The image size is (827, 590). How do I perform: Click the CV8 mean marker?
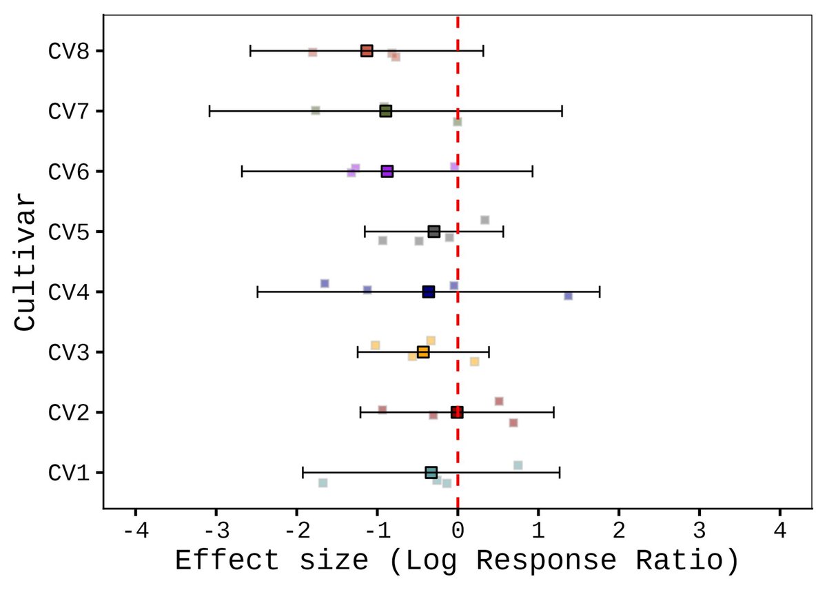coord(367,51)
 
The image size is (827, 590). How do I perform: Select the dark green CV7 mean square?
coord(385,111)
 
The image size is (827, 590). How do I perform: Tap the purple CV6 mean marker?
coord(387,172)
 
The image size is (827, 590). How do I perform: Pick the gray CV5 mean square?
coord(433,232)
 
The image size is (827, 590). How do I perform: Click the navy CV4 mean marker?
coord(428,292)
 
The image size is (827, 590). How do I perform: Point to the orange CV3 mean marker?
coord(423,352)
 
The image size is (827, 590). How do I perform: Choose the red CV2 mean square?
coord(457,412)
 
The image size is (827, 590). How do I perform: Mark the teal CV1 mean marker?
coord(431,472)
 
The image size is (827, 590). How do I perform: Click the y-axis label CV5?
coord(66,232)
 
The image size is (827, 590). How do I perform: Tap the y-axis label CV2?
coord(66,412)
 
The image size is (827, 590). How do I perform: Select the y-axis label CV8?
coord(66,51)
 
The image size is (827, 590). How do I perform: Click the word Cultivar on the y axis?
coord(26,262)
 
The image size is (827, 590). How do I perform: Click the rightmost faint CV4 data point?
coord(569,296)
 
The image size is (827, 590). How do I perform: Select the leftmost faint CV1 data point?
coord(323,483)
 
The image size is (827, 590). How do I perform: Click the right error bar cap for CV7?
coord(562,111)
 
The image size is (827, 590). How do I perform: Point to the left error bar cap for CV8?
coord(250,51)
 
